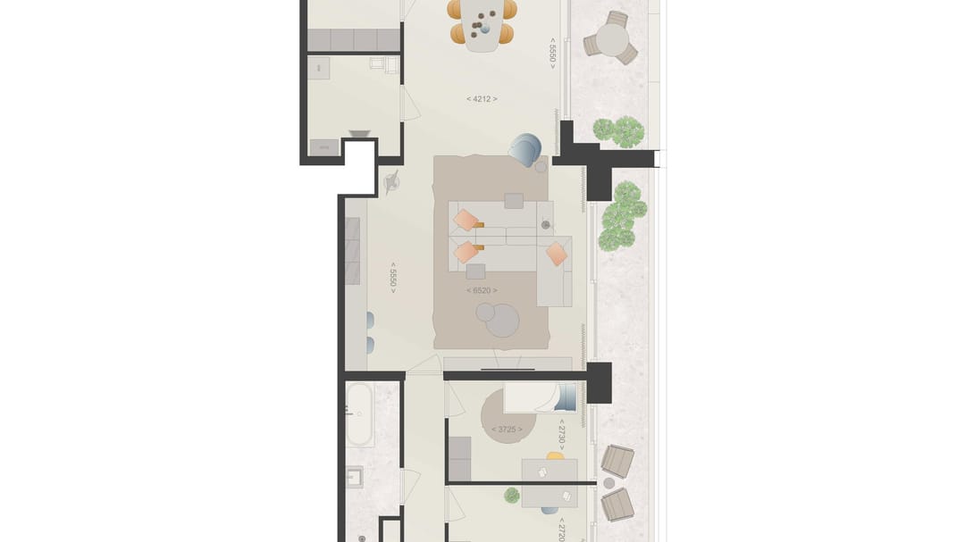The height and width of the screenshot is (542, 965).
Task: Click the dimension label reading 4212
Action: [482, 98]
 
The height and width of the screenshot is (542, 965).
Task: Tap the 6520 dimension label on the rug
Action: [482, 290]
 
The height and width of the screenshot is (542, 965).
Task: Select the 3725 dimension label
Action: [506, 429]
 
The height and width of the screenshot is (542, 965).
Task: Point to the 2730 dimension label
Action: [562, 435]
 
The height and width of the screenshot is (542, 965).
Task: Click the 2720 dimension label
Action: [562, 529]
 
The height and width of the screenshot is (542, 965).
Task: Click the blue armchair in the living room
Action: [525, 148]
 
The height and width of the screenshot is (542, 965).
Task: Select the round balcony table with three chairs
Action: [612, 39]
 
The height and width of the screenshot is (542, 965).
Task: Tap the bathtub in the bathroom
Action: [360, 414]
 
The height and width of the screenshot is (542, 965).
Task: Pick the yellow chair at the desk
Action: [556, 456]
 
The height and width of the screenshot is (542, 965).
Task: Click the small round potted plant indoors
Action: [512, 495]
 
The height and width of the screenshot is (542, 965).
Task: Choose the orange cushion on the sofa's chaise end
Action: [557, 254]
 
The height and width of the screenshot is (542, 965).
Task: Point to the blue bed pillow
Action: [569, 394]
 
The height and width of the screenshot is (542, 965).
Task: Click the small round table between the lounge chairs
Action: [609, 483]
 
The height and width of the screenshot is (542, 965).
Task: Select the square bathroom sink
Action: [355, 477]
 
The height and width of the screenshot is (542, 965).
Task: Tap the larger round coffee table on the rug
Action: [502, 320]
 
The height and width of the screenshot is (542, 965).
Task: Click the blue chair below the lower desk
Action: [549, 511]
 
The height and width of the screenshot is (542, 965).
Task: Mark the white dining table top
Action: [482, 24]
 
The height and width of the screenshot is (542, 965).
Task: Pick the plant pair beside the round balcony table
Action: [618, 132]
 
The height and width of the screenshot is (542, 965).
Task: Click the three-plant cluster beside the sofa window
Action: [623, 215]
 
